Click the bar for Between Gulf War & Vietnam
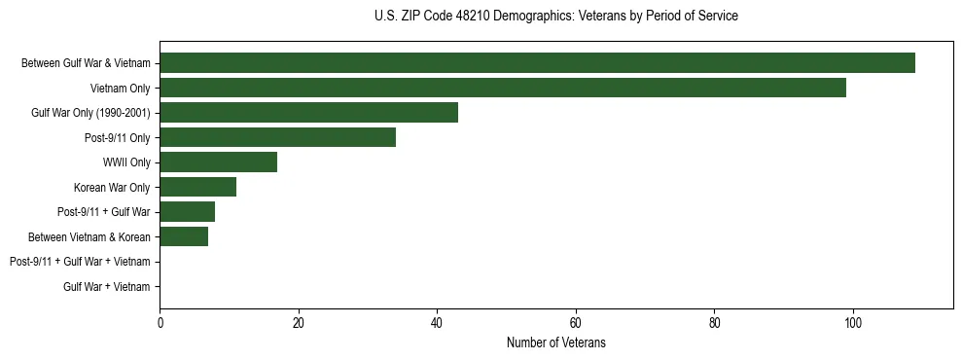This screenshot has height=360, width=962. pos(537,63)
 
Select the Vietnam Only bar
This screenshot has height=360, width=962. pos(503,88)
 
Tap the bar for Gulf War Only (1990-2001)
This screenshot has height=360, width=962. pos(308,113)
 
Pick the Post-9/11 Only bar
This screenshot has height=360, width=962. pos(277,137)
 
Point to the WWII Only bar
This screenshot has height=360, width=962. pos(218,162)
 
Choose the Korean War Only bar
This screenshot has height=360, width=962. pos(197,187)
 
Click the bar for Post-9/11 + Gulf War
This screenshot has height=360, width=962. pos(187,212)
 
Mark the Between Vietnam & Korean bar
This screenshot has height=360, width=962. pos(184,236)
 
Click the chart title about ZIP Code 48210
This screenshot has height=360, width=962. pos(555,17)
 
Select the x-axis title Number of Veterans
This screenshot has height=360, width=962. pos(555,342)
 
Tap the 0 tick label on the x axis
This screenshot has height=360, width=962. pos(160,323)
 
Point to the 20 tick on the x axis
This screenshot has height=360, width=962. pos(299,323)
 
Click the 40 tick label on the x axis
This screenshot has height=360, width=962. pos(437,323)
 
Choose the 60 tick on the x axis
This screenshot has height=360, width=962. pos(576,323)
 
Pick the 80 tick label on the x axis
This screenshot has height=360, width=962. pos(714,323)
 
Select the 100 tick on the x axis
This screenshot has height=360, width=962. pos(853,323)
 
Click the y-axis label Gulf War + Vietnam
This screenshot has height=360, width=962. pos(107,286)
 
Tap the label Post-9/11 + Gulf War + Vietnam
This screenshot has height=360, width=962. pos(80,262)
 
